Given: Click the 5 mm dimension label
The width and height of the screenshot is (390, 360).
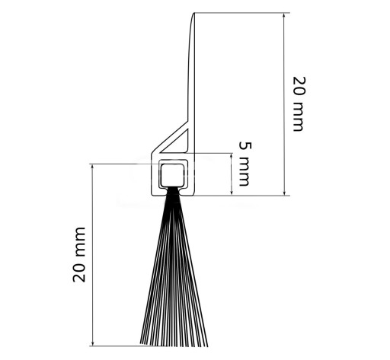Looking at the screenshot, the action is click(x=245, y=164).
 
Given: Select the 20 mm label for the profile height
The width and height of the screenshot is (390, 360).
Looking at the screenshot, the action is click(x=299, y=104).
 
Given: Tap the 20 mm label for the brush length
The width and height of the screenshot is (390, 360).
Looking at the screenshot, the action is click(x=79, y=254).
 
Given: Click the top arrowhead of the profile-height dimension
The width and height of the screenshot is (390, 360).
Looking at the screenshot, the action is click(x=284, y=16).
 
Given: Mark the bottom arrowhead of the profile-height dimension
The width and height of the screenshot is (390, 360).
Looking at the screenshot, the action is click(x=284, y=192).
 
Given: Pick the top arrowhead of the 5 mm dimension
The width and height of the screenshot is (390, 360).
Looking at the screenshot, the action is click(x=232, y=157).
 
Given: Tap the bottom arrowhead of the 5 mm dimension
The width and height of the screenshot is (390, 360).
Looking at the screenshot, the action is click(x=232, y=192).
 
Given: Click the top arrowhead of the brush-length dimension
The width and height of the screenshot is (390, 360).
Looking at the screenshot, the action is click(x=93, y=167).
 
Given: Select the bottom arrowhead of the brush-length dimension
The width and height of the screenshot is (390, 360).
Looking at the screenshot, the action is click(x=93, y=342).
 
